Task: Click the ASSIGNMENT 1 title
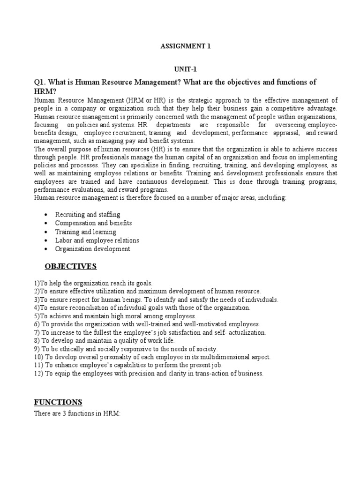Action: pos(180,47)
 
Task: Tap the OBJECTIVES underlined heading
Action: pos(70,266)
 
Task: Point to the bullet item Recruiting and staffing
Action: pos(88,214)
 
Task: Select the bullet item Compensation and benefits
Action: pos(93,223)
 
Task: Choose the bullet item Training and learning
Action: pos(85,232)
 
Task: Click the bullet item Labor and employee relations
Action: pos(97,240)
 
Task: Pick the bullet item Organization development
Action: pos(92,249)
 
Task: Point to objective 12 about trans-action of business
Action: pos(149,374)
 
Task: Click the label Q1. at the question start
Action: pos(40,82)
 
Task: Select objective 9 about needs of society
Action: pos(126,349)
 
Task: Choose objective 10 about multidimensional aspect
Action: pos(152,357)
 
